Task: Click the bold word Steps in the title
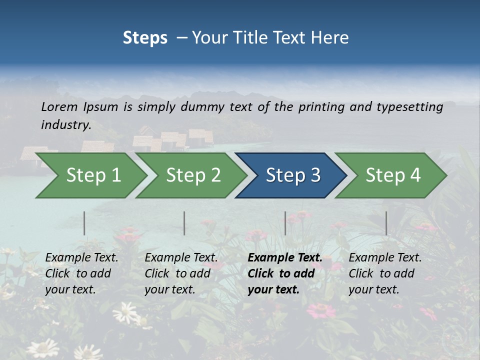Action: tap(145, 37)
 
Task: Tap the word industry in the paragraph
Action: tap(65, 124)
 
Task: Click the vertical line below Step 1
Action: tap(84, 223)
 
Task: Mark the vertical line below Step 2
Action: tap(184, 223)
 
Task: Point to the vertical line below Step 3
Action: tap(285, 223)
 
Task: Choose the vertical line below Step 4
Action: tap(386, 223)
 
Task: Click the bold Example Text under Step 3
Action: tap(285, 257)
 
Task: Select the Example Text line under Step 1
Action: tap(81, 257)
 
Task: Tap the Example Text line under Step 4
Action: tap(385, 257)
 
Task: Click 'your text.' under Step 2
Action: tap(170, 289)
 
